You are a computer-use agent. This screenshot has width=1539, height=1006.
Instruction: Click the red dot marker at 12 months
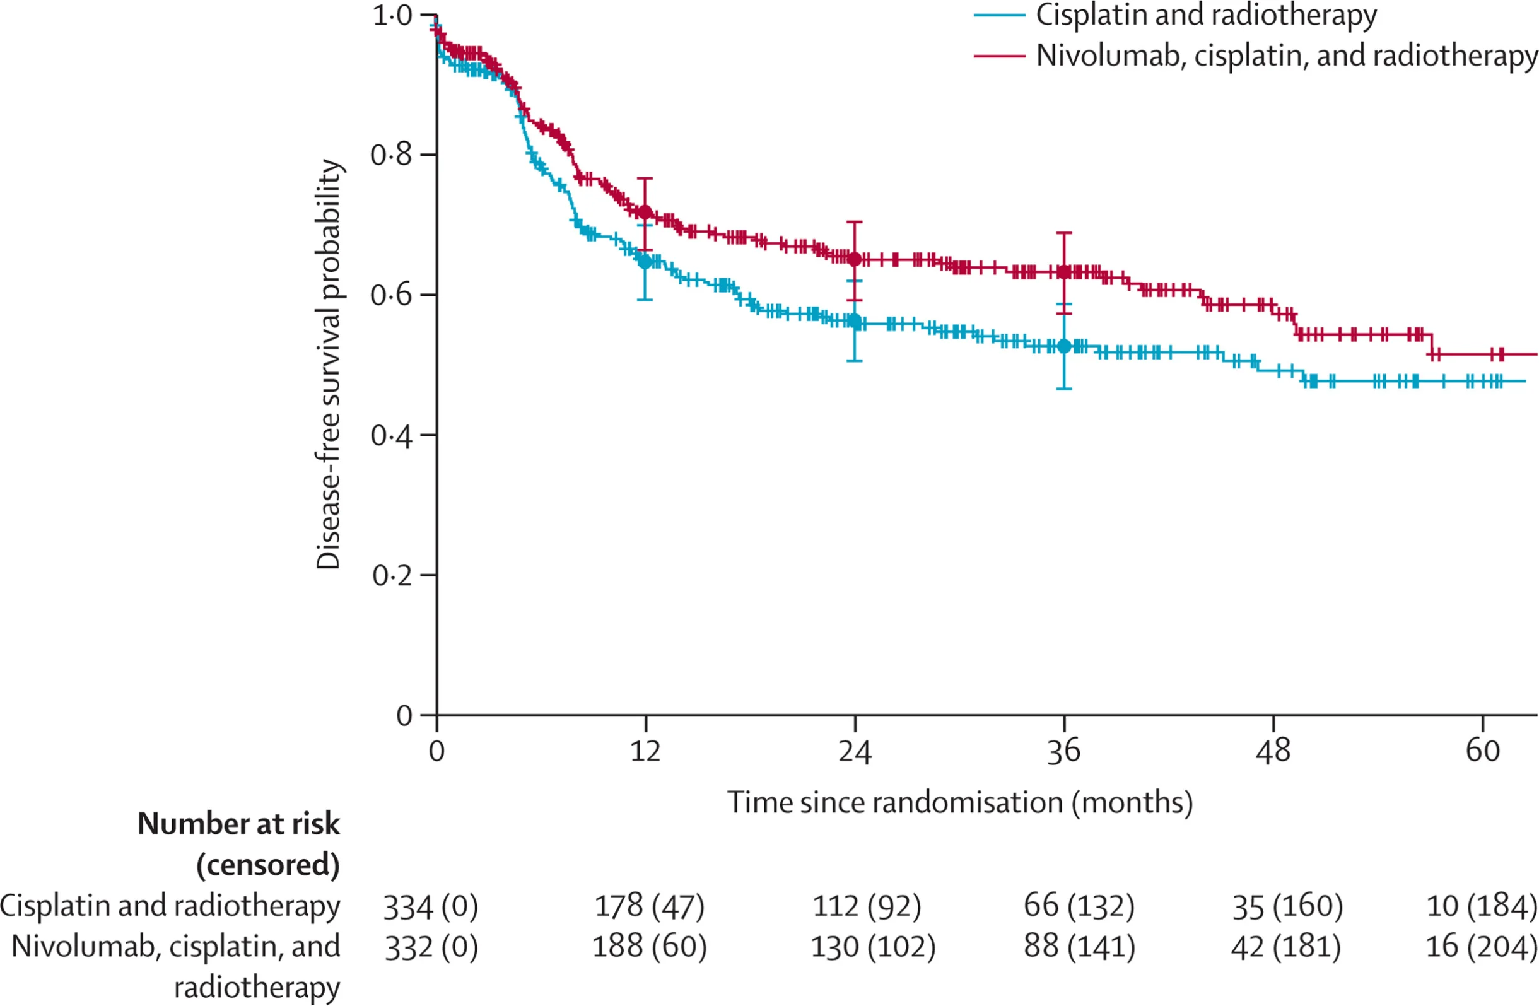click(645, 212)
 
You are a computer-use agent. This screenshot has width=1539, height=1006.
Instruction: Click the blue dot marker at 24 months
click(854, 321)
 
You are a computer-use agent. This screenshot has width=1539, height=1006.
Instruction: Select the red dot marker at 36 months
click(1063, 272)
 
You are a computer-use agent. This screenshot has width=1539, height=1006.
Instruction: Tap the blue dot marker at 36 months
click(1063, 346)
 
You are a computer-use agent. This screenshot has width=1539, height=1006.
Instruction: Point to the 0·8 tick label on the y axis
click(391, 155)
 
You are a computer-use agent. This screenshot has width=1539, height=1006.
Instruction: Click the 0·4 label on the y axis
click(391, 436)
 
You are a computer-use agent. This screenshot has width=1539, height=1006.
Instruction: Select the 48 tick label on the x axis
click(1273, 751)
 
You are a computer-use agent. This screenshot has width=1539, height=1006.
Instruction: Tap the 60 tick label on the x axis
click(1482, 751)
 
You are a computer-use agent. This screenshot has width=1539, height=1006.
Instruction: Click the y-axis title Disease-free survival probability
click(329, 364)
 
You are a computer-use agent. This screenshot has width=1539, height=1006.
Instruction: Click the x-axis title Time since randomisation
click(959, 803)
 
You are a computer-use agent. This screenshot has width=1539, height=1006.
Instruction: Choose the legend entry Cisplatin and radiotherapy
click(1206, 16)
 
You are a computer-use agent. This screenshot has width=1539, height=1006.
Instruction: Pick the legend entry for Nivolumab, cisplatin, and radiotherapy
click(1286, 56)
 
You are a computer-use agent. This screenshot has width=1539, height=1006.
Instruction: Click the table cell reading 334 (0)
click(430, 907)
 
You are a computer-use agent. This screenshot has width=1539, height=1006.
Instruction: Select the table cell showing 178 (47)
click(648, 907)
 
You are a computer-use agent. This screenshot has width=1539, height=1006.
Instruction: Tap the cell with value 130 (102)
click(873, 948)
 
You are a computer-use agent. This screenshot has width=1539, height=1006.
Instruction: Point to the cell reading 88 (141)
click(1079, 948)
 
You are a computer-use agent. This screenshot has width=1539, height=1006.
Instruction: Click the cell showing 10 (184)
click(1481, 907)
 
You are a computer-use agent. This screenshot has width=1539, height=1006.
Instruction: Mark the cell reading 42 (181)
click(1285, 948)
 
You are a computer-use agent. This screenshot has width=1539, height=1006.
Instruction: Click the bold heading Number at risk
click(238, 824)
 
